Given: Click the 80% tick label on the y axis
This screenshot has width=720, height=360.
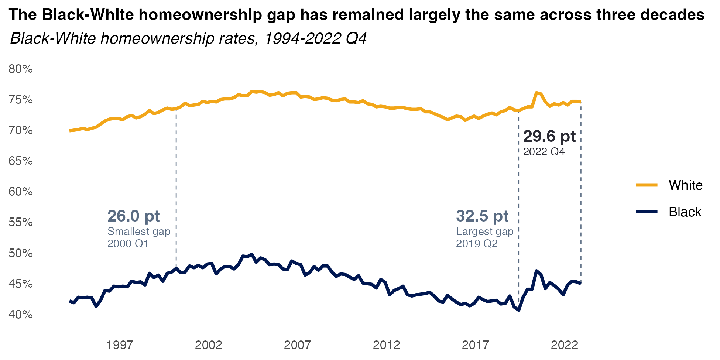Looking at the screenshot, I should click(21, 69).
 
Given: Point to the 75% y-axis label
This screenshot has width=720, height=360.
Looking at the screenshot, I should click(21, 100).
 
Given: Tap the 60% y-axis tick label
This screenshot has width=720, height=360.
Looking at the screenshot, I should click(21, 192).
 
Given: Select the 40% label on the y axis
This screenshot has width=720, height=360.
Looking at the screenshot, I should click(21, 315).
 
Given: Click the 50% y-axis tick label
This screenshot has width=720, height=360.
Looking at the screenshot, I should click(21, 253).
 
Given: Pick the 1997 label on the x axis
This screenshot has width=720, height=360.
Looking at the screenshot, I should click(120, 345).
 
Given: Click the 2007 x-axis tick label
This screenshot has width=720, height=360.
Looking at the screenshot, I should click(298, 345).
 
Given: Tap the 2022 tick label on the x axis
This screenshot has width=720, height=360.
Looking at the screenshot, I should click(564, 345).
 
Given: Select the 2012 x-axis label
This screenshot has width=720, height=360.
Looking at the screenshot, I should click(387, 345).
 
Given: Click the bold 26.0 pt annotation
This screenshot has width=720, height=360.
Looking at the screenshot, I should click(133, 216).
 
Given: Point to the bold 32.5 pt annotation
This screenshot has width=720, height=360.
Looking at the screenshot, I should click(482, 216).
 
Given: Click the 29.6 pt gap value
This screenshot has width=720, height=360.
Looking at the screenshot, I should click(549, 136).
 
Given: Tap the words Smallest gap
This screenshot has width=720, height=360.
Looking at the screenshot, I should click(139, 232).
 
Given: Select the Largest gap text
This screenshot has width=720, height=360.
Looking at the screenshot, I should click(484, 232).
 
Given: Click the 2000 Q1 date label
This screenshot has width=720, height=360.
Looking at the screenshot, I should click(128, 244).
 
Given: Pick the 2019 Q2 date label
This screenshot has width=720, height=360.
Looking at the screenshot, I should click(477, 244).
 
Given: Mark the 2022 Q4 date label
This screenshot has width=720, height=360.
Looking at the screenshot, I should click(544, 152).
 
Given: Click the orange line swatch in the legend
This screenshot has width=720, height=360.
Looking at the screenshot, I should click(647, 185).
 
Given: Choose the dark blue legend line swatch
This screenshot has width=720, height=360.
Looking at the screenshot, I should click(647, 212).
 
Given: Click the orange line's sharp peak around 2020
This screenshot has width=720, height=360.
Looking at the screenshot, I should click(536, 92).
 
